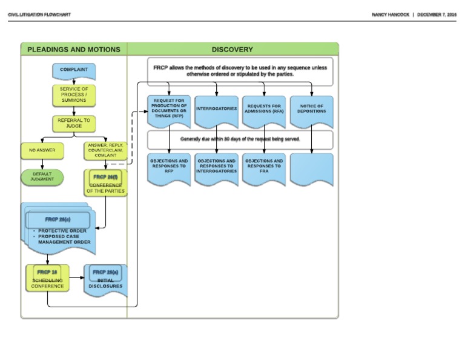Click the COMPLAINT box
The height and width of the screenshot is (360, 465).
[x=74, y=70]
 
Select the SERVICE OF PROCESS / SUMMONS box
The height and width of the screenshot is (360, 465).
[x=74, y=95]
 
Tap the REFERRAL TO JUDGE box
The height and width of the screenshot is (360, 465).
[x=74, y=122]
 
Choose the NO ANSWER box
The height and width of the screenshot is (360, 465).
[x=42, y=150]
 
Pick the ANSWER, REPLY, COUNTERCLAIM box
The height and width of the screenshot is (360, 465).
[x=105, y=150]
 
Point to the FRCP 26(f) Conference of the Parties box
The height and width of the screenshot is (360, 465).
[x=105, y=184]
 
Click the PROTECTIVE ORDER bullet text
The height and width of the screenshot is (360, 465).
[x=62, y=231]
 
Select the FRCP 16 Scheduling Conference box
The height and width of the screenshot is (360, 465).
[x=47, y=279]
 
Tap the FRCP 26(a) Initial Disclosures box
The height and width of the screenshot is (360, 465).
[x=105, y=279]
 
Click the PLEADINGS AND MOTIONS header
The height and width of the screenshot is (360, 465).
[x=74, y=50]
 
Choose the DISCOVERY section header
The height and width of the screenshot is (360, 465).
[x=232, y=50]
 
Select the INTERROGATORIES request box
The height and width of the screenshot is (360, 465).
[x=216, y=109]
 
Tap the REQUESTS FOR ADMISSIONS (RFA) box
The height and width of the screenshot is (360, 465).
[x=264, y=109]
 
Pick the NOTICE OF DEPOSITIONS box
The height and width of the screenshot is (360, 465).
[x=311, y=109]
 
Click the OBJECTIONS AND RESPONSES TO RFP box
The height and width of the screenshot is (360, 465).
[x=169, y=167]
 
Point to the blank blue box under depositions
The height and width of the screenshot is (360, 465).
[x=311, y=168]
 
